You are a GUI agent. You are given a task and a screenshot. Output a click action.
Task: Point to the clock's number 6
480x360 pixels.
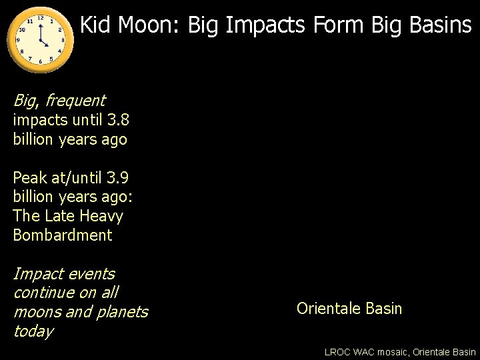coord(41,62)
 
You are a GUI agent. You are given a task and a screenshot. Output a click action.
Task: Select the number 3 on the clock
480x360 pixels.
coord(63,40)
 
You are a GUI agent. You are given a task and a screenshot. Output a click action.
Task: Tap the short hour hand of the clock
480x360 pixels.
coord(44,43)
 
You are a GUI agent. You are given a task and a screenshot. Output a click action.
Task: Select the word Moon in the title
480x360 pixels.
coord(142,25)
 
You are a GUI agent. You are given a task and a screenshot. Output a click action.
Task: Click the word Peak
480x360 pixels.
coord(30,178)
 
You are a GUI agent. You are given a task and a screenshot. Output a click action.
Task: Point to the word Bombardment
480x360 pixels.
coord(63,235)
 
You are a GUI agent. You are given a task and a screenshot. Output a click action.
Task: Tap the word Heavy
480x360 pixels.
coord(101,216)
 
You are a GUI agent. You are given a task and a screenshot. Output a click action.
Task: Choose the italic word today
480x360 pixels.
coord(33,331)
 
